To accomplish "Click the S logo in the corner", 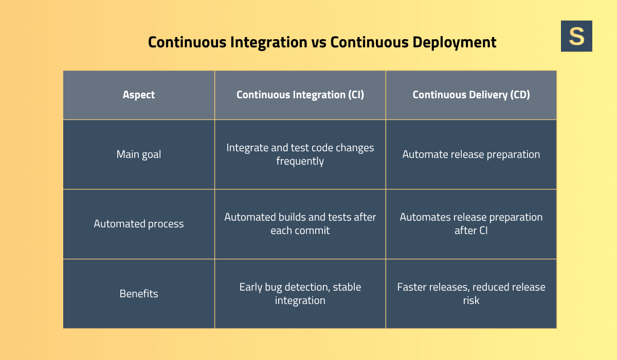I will (576, 36).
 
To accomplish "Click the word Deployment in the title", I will (455, 42).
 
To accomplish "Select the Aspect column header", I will (139, 95).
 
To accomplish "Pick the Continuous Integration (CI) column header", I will (300, 95).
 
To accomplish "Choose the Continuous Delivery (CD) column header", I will (471, 95).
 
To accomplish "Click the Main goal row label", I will (139, 154).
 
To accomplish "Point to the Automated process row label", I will (139, 224).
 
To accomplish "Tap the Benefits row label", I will (139, 294).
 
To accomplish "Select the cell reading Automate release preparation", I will (471, 154).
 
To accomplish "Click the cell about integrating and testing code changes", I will (300, 154).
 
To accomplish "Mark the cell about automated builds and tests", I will (300, 224).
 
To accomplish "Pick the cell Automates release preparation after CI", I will (471, 224).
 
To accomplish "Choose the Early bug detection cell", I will (300, 294).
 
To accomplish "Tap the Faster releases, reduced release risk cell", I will (471, 294).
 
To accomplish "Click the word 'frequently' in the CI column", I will (300, 161).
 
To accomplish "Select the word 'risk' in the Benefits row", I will (471, 300).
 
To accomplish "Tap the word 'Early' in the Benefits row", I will (251, 287).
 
